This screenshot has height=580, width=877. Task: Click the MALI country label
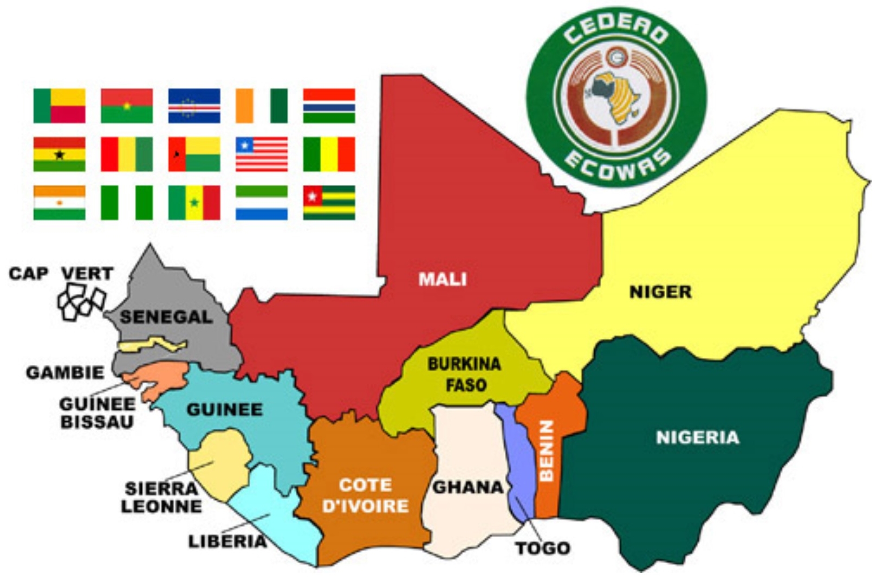(x=442, y=279)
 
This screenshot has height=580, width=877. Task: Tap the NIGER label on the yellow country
(x=660, y=292)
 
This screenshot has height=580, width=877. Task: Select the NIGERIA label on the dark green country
(x=697, y=437)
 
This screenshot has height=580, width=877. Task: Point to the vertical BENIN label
(x=547, y=450)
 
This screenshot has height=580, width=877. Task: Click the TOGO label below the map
(x=543, y=548)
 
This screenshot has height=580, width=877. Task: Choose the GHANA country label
(x=467, y=487)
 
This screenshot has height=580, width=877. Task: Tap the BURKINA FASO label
(x=465, y=375)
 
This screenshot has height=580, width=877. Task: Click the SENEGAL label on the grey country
(x=166, y=317)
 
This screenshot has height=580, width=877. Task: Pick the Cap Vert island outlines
(x=81, y=303)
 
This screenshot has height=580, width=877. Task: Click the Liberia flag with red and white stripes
(x=262, y=154)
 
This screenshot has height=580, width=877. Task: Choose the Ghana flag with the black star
(x=59, y=154)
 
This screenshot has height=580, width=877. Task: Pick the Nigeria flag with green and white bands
(x=126, y=202)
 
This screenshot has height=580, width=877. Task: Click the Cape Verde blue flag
(x=194, y=106)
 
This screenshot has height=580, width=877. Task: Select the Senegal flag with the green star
(x=194, y=202)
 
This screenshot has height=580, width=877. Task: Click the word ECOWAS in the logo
(x=616, y=165)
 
